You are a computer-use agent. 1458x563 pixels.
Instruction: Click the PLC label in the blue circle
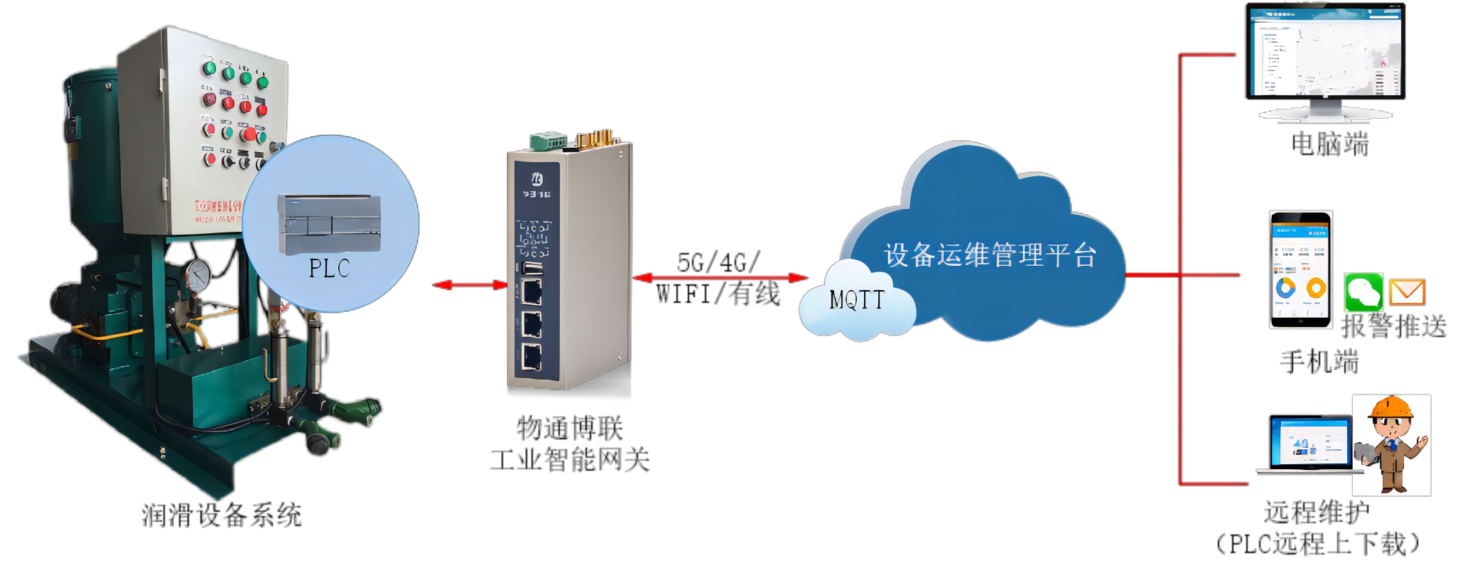point(329,268)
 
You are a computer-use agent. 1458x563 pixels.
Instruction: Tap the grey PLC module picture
point(330,224)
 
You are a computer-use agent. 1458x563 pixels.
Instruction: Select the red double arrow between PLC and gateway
point(470,285)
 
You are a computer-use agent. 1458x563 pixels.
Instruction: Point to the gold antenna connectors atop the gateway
point(595,138)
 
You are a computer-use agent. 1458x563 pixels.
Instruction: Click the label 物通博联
point(570,429)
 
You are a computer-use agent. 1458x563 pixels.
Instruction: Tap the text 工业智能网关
point(570,460)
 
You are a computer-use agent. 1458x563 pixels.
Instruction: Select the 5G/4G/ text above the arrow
point(718,262)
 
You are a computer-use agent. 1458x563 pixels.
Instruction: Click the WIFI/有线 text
point(718,294)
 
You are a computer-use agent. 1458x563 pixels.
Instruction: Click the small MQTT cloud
point(857,300)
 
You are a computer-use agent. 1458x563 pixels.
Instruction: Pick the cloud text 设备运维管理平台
point(990,255)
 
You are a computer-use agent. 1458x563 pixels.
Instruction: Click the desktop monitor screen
point(1325,51)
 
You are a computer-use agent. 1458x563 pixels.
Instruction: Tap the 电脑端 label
point(1329,144)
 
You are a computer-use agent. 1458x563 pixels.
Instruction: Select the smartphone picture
point(1300,269)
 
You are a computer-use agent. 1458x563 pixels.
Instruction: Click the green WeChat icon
point(1363,291)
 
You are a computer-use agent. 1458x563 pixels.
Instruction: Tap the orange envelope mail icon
point(1407,291)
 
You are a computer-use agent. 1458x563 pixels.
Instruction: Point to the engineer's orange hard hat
point(1391,407)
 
